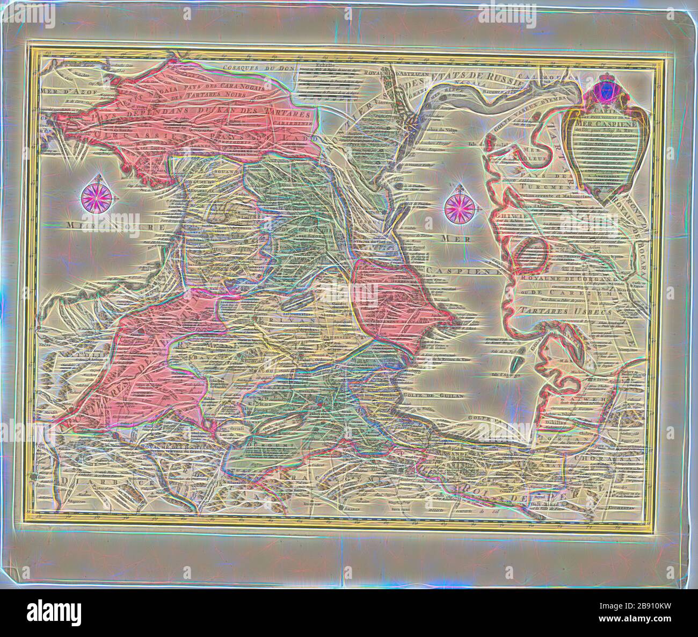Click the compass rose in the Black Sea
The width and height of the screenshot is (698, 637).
[x=97, y=196]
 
